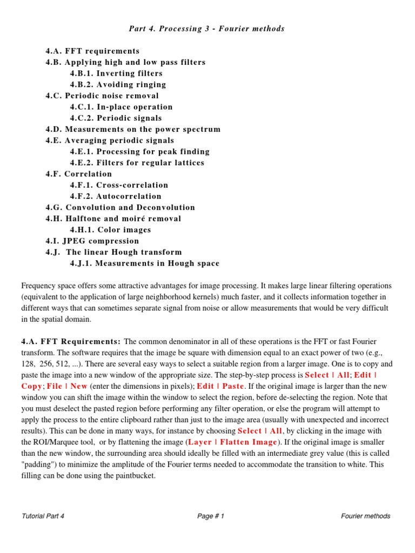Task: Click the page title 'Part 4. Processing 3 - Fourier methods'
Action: (207, 29)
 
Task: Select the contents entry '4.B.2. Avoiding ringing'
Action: (118, 84)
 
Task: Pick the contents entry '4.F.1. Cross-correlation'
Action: (119, 185)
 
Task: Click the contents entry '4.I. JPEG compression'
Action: (92, 241)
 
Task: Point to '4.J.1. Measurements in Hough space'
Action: (144, 264)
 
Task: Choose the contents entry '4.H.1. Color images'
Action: (110, 230)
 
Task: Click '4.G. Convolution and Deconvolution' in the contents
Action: (120, 207)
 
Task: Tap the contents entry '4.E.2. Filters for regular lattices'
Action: (137, 163)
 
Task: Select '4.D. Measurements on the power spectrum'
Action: (133, 129)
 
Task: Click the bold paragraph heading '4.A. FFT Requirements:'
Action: (71, 341)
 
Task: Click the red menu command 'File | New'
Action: (67, 386)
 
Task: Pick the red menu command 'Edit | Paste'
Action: (220, 386)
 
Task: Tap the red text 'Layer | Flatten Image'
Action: (232, 442)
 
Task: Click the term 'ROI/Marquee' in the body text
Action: (60, 442)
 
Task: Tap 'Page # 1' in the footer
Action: (211, 516)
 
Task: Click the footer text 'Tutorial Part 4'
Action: (43, 516)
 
